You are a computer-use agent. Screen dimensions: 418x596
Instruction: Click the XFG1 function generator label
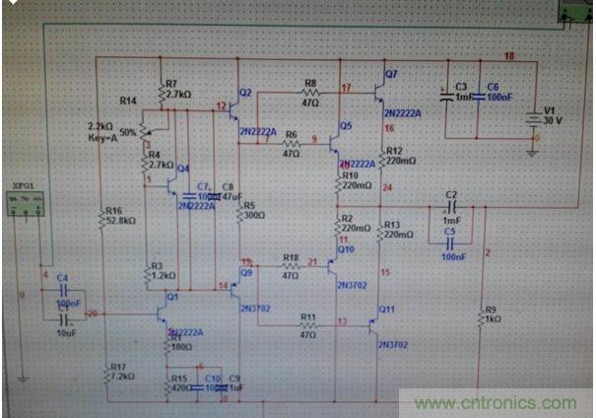[x=22, y=184]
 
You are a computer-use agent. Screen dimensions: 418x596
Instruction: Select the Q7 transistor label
[x=391, y=74]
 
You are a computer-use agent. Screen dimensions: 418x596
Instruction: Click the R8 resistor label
[x=310, y=84]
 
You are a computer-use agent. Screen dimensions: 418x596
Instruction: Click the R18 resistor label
[x=291, y=257]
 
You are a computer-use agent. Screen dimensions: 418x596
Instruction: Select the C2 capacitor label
[x=452, y=196]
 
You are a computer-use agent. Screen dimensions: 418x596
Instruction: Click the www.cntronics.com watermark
[x=496, y=403]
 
